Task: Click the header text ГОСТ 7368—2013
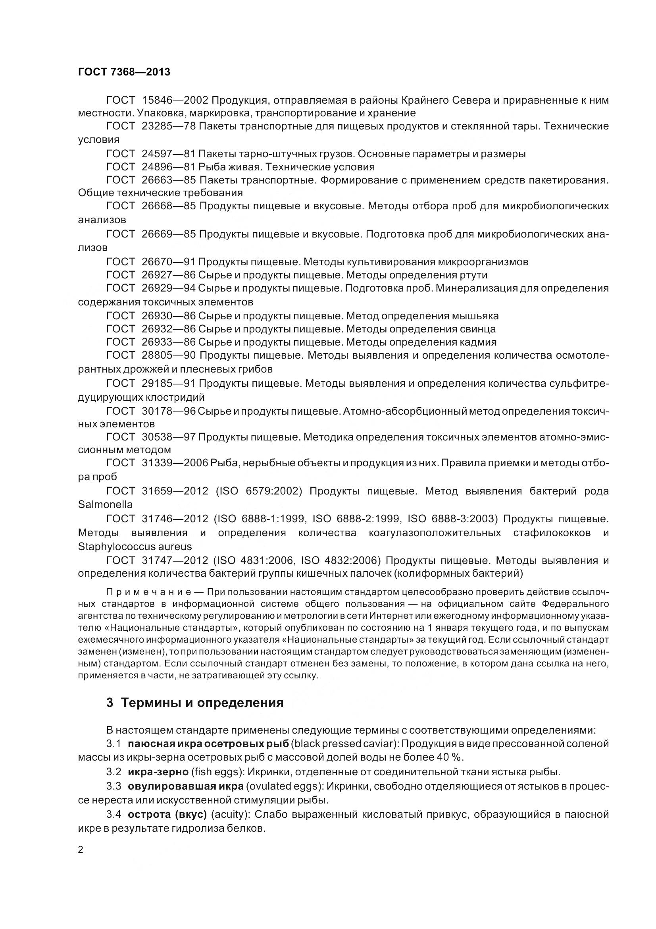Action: (x=124, y=72)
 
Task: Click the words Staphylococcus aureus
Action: (x=135, y=547)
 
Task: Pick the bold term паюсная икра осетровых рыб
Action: (x=208, y=744)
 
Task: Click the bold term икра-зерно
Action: (x=158, y=772)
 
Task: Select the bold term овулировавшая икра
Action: (x=185, y=786)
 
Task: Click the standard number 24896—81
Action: (x=169, y=167)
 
